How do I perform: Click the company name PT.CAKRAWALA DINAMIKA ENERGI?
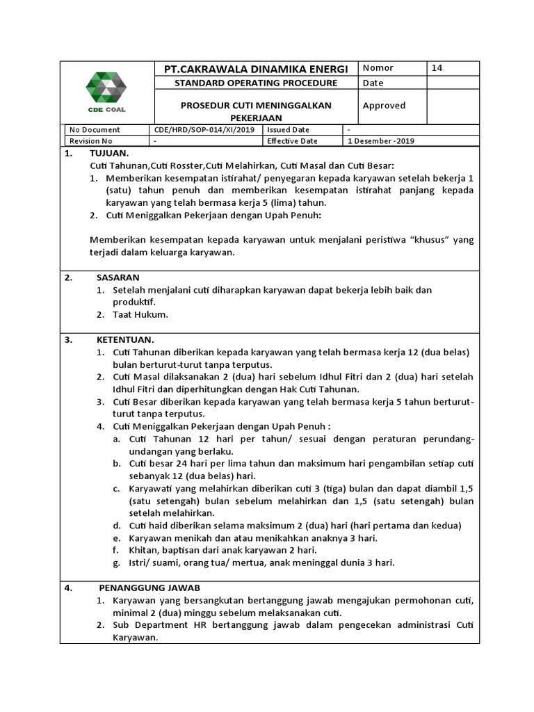point(255,69)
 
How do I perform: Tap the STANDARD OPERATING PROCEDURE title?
point(255,83)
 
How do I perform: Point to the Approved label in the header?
point(384,106)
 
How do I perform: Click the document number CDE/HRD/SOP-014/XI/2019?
point(205,130)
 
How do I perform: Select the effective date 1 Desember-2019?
point(382,141)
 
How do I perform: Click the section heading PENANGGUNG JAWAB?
point(149,588)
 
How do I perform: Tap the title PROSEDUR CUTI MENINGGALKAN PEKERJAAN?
point(255,111)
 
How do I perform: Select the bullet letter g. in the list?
point(115,563)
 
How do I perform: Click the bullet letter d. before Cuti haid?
point(115,525)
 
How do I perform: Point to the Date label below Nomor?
point(373,83)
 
